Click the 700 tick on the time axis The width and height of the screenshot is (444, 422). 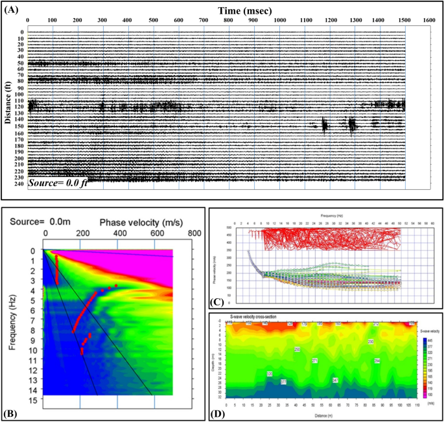204,21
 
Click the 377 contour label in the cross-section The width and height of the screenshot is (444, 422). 283,382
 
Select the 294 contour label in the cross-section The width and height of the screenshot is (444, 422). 377,360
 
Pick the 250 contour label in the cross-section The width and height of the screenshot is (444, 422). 297,349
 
